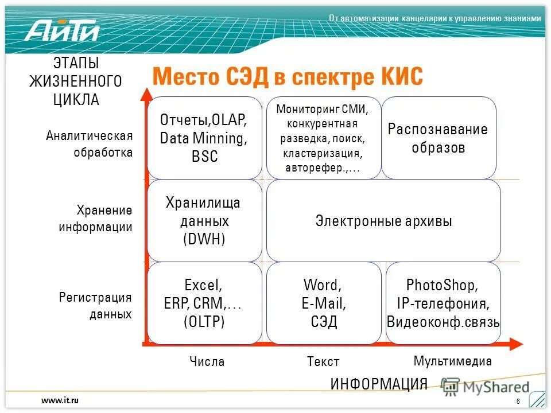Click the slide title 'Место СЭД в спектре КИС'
287,77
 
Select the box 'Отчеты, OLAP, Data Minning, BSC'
204,138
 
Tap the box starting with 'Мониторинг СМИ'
323,138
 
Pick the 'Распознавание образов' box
438,138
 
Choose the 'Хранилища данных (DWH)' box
204,221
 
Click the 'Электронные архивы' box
383,221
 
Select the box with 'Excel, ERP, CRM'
204,303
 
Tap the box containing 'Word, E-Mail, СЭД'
323,303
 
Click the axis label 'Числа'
207,362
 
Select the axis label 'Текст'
323,362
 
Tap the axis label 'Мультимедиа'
453,361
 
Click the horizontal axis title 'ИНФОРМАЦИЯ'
379,384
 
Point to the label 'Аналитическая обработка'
90,144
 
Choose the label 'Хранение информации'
95,219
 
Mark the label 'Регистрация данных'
95,306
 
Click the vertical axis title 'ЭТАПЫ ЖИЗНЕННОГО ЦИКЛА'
76,81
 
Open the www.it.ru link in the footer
60,400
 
